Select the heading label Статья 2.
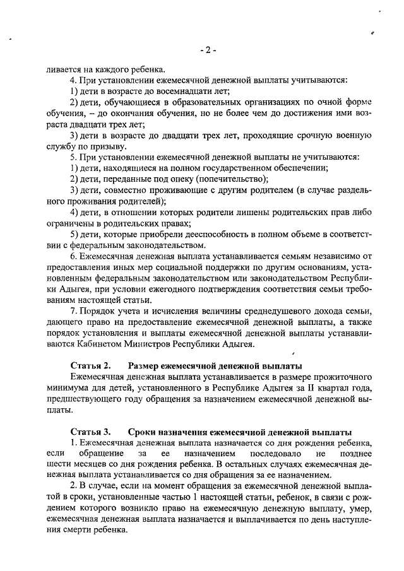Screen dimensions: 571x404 pyautogui.click(x=90, y=366)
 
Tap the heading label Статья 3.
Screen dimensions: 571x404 pyautogui.click(x=90, y=432)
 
